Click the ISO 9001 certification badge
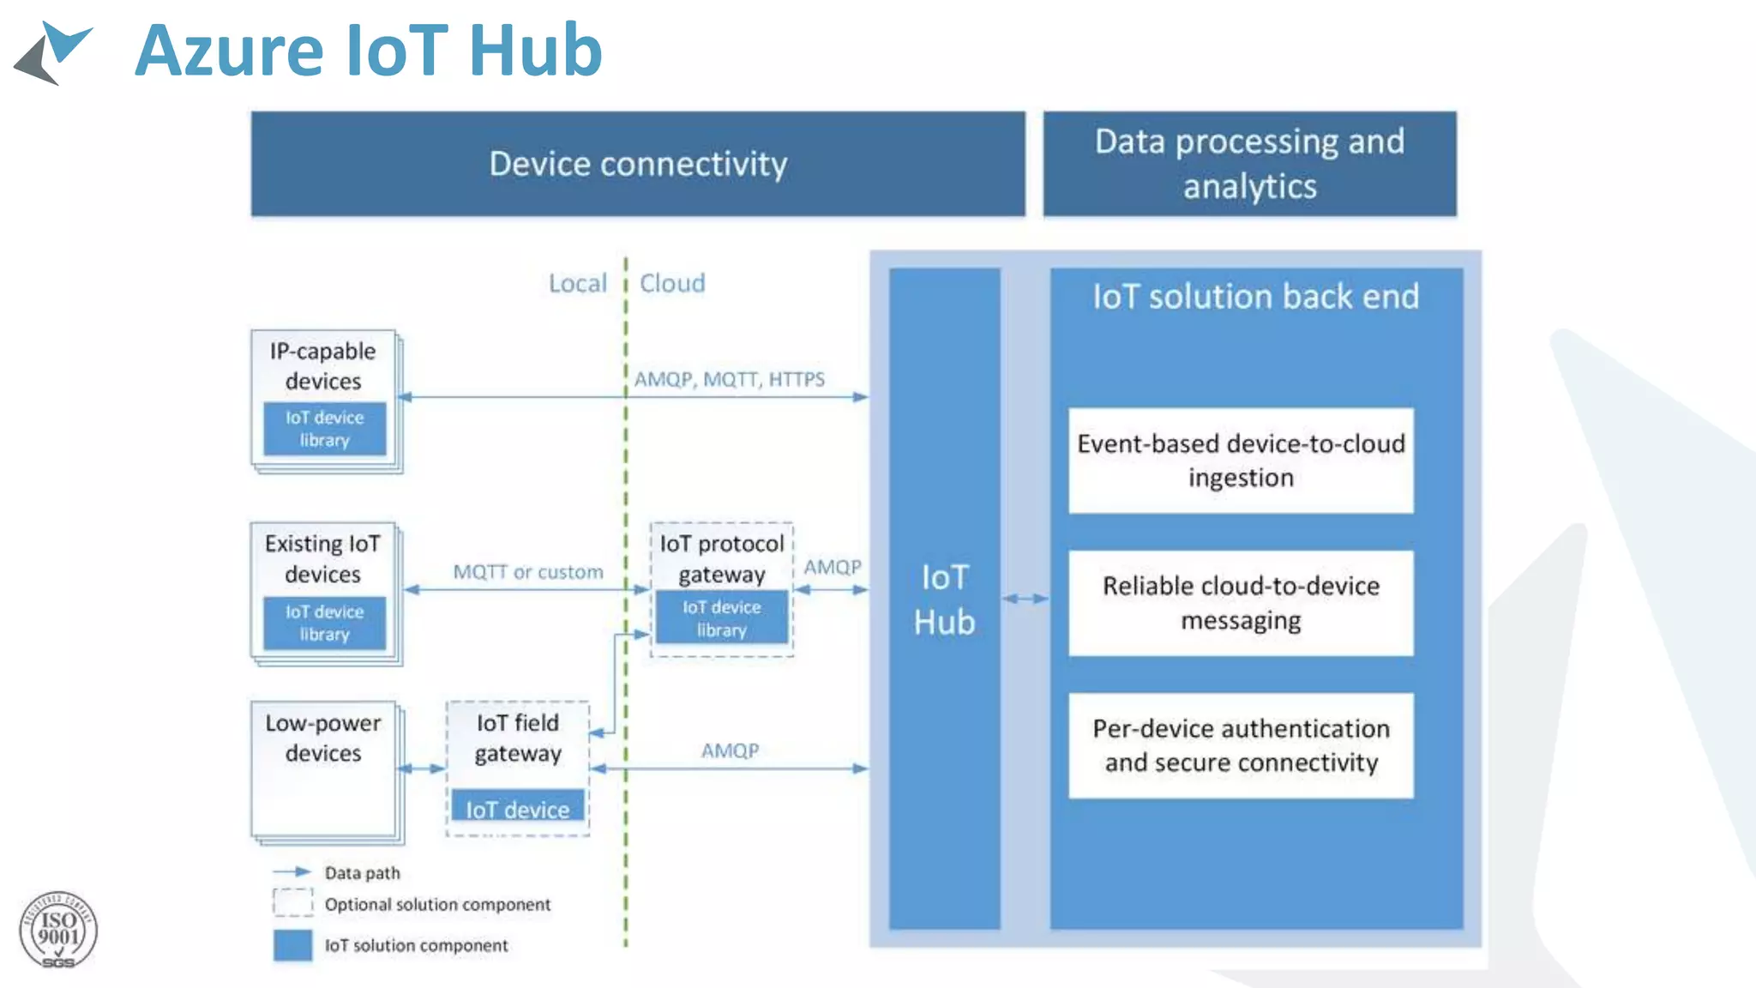tap(58, 931)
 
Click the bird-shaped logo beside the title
tap(53, 53)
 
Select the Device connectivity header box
tap(638, 164)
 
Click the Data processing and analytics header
tap(1249, 164)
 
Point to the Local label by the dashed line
tap(577, 284)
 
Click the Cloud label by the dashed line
tap(673, 284)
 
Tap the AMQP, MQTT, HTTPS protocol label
tap(729, 379)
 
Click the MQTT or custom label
tap(528, 572)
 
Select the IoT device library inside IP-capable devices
tap(324, 428)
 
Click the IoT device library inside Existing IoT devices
tap(324, 623)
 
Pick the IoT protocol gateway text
tap(722, 558)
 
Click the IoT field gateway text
tap(518, 738)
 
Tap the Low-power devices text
tap(323, 738)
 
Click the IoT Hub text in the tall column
tap(944, 599)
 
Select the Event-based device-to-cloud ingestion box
tap(1241, 461)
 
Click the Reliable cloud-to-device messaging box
tap(1241, 603)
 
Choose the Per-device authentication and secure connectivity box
tap(1241, 745)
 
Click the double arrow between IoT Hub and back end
tap(1025, 599)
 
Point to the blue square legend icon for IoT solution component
tap(292, 945)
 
